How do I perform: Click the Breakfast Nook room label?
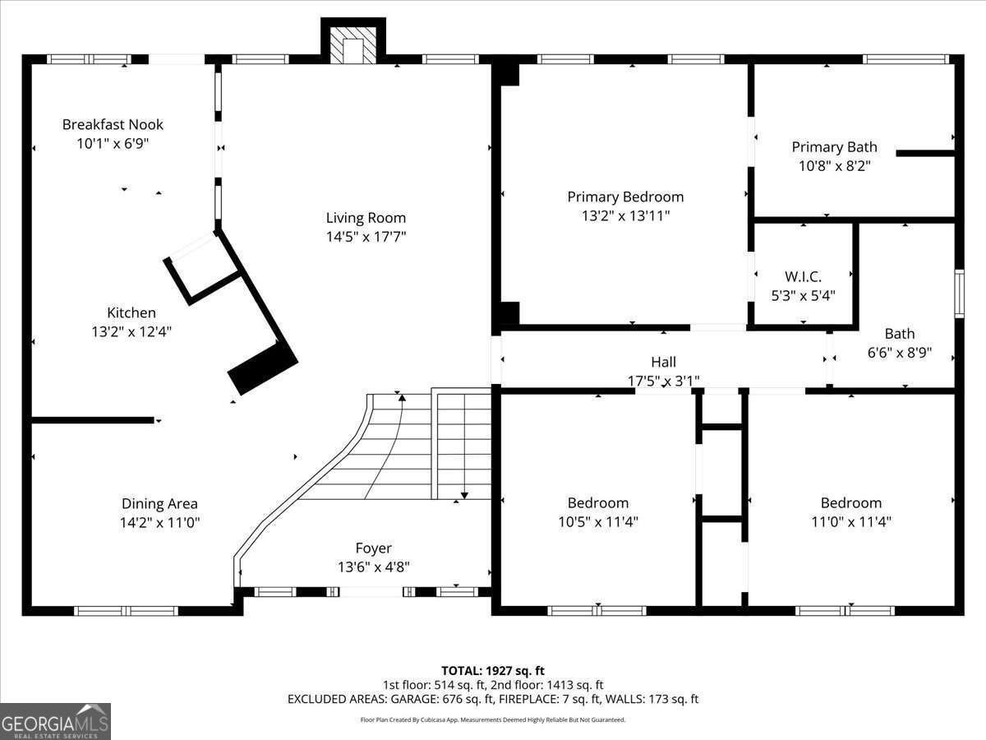[113, 125]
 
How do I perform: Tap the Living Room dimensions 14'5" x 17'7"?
[366, 237]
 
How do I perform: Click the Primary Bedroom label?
[625, 197]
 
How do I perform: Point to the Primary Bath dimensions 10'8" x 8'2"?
[834, 165]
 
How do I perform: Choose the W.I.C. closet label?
[803, 276]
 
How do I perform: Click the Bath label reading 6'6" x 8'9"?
[899, 334]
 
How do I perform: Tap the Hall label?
[663, 362]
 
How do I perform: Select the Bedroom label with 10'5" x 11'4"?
[597, 503]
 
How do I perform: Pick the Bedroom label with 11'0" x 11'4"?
[850, 503]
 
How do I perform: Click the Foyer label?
[373, 548]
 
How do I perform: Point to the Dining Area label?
[159, 504]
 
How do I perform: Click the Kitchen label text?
[131, 313]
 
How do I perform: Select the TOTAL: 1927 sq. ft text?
[492, 671]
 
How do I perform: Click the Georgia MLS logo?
[55, 721]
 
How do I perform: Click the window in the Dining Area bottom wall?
[126, 611]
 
